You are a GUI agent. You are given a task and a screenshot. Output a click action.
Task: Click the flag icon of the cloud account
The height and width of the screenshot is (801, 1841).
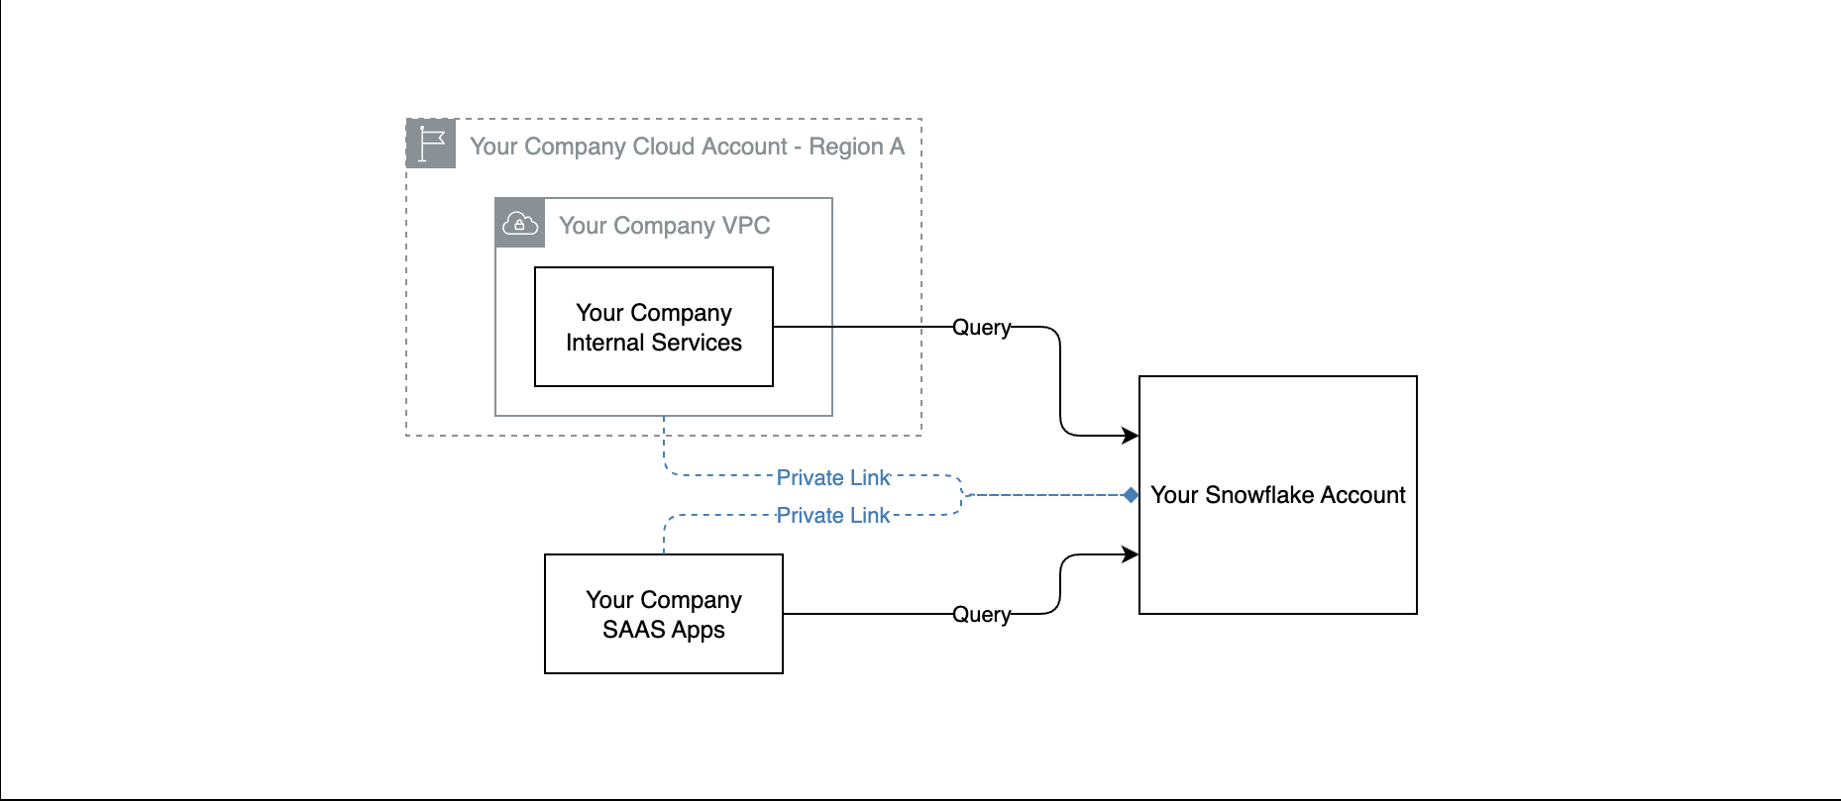pos(431,144)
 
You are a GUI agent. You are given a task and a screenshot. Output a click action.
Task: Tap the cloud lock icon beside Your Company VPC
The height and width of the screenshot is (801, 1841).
pos(520,224)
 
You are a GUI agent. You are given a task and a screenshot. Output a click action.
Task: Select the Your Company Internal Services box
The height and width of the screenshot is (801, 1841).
pos(654,327)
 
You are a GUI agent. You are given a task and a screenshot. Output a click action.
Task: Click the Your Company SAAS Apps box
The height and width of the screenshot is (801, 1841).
pos(664,614)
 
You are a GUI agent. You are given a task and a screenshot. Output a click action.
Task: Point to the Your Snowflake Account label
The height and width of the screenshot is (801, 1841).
pos(1278,495)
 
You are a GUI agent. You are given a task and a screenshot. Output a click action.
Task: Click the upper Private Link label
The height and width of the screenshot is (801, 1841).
pos(833,477)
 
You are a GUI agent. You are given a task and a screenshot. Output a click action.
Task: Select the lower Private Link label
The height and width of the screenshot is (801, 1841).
pos(833,515)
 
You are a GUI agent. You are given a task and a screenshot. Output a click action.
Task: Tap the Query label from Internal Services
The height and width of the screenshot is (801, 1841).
pos(982,327)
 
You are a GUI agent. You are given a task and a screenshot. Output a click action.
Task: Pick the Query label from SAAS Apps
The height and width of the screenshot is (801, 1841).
pos(982,614)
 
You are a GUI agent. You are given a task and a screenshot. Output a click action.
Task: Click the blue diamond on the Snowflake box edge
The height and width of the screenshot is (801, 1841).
pos(1131,495)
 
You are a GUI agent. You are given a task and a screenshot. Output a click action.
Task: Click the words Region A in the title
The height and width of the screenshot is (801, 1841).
pos(856,147)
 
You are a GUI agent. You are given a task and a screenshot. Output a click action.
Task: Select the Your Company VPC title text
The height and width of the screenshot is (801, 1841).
pos(664,226)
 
